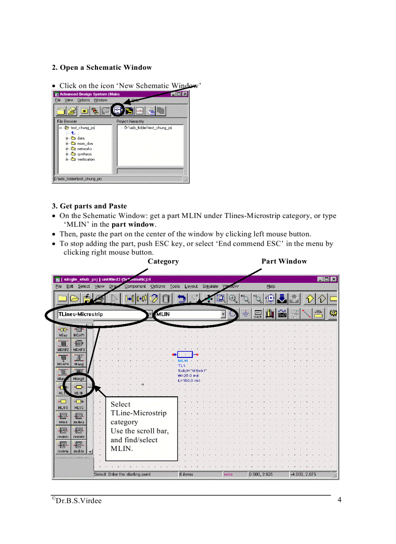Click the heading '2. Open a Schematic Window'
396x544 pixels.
click(102, 67)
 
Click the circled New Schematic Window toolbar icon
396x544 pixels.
click(117, 110)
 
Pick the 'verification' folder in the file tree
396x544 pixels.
click(85, 159)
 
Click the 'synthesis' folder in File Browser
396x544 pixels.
click(84, 154)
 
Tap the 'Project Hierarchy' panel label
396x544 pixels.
click(130, 121)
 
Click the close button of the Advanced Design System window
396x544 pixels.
click(185, 94)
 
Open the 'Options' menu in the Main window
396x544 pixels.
click(83, 100)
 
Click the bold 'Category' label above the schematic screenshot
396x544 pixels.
click(163, 261)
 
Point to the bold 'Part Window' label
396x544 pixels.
click(284, 261)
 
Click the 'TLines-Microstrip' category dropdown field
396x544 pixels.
click(97, 314)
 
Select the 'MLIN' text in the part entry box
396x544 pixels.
click(163, 314)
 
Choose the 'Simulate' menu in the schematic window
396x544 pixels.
click(210, 287)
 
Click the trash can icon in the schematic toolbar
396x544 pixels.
click(166, 299)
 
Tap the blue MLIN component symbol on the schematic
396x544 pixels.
click(185, 355)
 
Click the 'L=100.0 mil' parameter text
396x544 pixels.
click(189, 381)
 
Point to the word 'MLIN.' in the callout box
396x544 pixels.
click(122, 449)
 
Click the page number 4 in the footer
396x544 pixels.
click(340, 500)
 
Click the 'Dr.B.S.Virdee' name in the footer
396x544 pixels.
click(79, 501)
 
